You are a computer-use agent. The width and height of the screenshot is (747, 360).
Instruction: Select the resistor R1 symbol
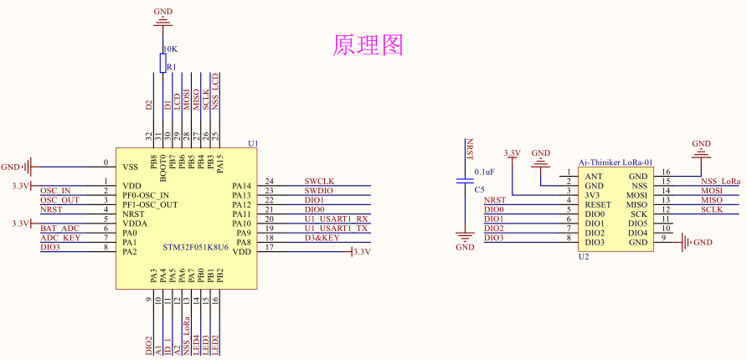coord(163,63)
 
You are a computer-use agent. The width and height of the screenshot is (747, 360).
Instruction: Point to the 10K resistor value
coord(169,49)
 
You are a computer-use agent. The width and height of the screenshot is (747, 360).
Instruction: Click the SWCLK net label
coord(319,181)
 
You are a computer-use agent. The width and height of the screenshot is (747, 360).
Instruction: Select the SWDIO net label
coord(319,191)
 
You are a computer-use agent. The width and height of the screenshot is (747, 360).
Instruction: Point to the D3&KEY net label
coord(322,238)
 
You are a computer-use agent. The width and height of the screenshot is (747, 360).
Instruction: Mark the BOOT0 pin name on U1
coord(162,169)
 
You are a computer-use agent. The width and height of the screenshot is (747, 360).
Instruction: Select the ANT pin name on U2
coord(594,177)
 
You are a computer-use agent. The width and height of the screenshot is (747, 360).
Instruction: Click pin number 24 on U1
coord(269,181)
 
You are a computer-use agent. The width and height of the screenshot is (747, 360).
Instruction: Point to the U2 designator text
coord(584,257)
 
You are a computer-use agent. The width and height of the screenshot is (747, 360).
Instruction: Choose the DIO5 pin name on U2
coord(637,224)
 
